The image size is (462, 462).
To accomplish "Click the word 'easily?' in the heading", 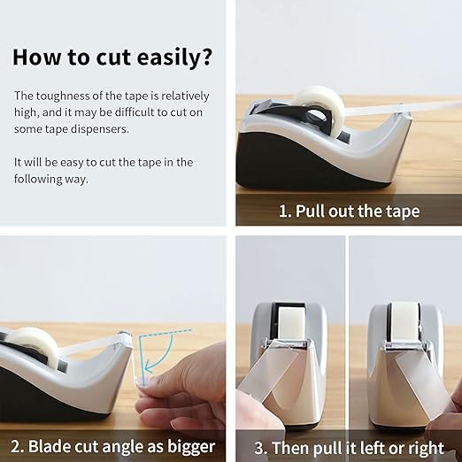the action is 174,58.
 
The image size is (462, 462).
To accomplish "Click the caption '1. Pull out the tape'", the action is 349,211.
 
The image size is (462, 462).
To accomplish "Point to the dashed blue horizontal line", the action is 166,333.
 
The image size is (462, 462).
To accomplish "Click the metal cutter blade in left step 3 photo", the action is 288,343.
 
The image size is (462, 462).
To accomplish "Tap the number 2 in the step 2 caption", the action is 16,446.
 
